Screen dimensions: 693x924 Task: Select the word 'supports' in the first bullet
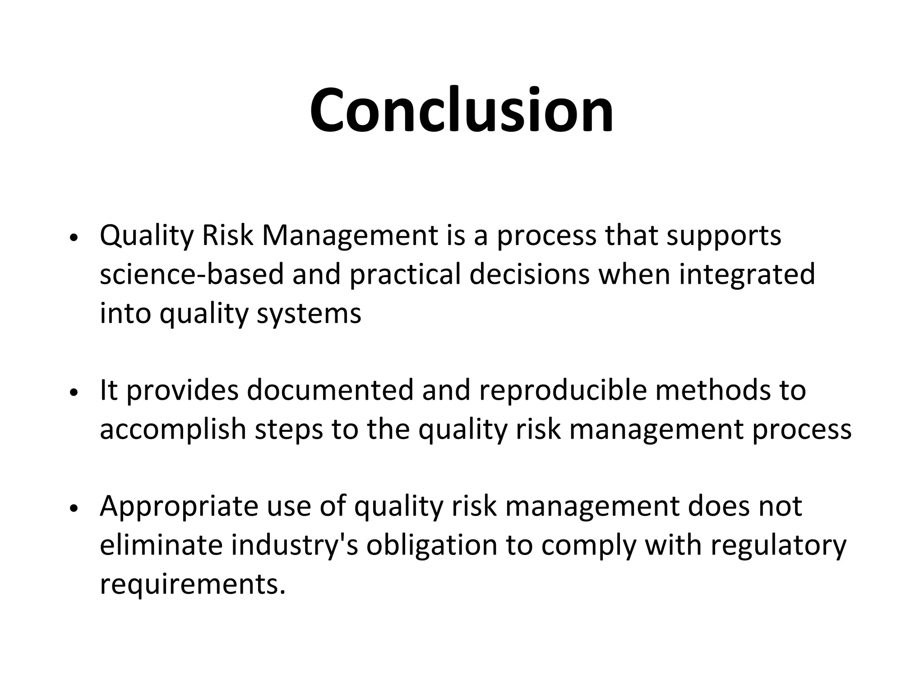point(724,236)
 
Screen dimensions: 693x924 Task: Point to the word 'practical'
point(405,275)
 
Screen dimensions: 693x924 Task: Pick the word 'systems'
point(309,314)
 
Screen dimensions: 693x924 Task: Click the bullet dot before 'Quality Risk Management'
point(74,238)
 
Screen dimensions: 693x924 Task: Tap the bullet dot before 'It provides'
point(74,392)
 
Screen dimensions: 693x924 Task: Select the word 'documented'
point(330,390)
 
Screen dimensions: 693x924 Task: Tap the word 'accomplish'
point(172,430)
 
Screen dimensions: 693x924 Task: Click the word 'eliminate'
point(161,545)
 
